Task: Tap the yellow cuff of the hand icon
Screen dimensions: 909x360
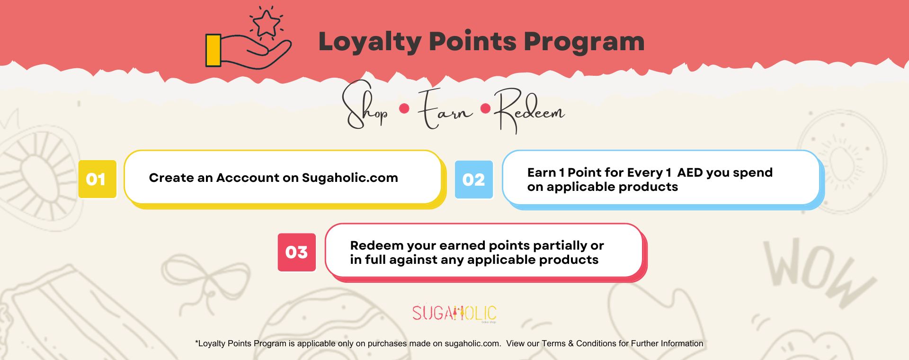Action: (x=214, y=50)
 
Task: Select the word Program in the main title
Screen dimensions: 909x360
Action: (x=584, y=42)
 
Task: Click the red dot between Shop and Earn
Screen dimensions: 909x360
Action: (x=404, y=109)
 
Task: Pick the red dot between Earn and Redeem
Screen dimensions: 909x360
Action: (x=485, y=109)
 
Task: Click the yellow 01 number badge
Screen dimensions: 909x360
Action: (x=97, y=179)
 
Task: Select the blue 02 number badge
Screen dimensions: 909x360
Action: (x=474, y=180)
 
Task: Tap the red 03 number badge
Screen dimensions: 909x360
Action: (x=297, y=252)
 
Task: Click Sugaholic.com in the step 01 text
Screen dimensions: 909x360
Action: (x=350, y=178)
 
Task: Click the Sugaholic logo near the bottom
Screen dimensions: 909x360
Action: (x=454, y=313)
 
